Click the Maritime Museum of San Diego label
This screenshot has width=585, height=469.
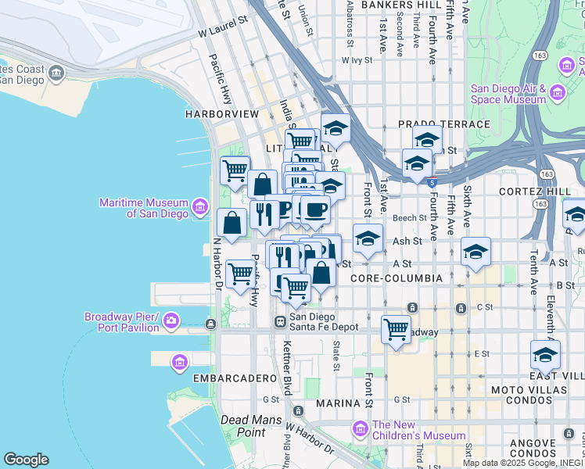144,209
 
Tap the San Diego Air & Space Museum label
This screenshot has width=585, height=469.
508,94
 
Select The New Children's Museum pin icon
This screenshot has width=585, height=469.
360,429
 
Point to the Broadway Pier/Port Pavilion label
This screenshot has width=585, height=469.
122,322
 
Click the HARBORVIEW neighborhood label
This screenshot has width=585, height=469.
221,114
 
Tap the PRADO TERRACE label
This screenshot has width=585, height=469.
443,124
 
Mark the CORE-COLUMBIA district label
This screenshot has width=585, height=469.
397,278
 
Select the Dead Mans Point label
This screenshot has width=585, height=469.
243,426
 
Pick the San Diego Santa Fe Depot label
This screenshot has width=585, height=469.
324,322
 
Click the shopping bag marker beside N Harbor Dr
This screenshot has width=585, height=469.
232,223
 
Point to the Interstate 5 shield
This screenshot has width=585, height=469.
432,182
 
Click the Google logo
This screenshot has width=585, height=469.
26,460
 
